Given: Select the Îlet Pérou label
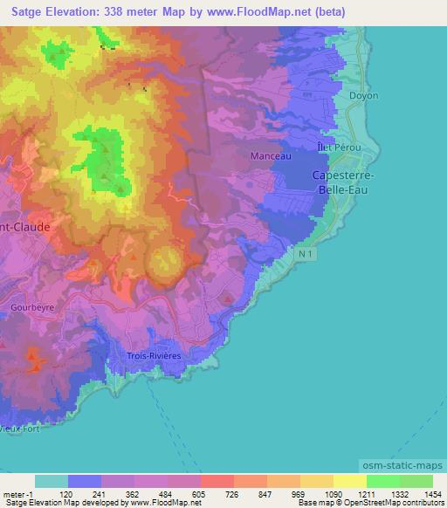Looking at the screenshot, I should [337, 148].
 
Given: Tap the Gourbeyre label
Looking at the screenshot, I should [32, 307].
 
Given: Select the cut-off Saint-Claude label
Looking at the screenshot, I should [24, 226].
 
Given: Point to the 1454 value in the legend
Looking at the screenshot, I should [432, 493].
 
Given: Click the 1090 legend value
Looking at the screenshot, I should [333, 493].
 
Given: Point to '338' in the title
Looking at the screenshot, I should [122, 12].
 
